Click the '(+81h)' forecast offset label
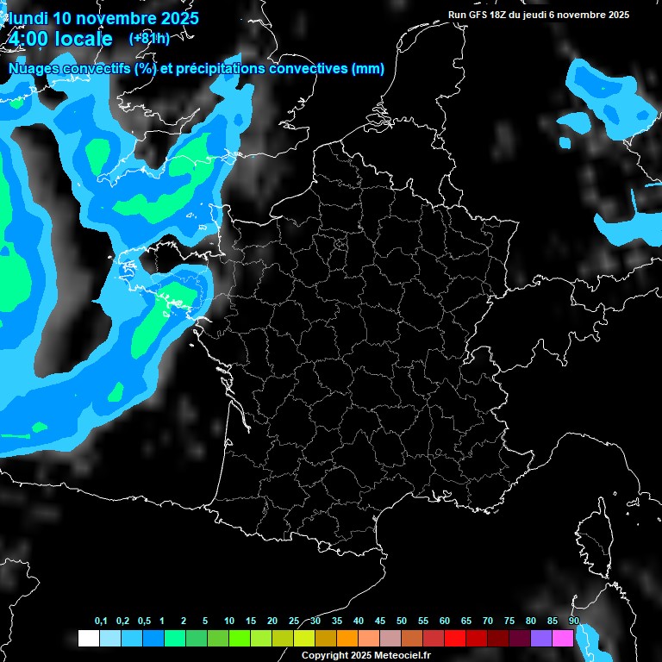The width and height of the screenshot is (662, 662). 149,38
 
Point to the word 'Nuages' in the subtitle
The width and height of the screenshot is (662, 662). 34,69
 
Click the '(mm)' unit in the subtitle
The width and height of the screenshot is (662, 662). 368,69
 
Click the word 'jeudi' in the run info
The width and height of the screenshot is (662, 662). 538,15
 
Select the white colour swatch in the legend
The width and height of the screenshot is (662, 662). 88,639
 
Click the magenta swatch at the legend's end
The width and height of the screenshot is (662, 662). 563,639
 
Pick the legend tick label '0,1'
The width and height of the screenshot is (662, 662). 100,621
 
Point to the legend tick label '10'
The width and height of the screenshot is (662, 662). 228,621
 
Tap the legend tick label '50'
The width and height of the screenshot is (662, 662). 402,621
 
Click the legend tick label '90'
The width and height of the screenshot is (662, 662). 573,621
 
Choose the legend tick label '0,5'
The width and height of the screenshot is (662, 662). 143,621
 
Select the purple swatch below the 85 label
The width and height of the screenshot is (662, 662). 541,639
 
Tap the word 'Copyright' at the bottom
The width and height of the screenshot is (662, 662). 325,656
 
